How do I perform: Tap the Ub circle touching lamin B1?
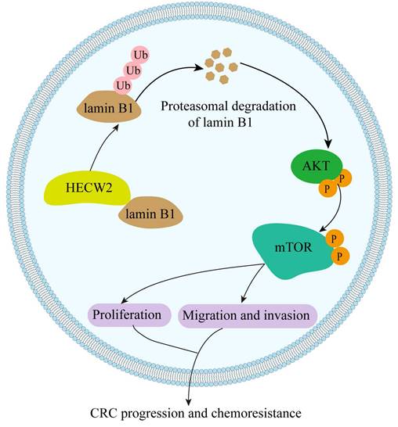(122, 84)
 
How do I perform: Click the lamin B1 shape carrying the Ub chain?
(109, 106)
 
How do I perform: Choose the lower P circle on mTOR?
(340, 256)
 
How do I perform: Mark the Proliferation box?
(128, 314)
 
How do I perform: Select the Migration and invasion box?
(248, 315)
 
